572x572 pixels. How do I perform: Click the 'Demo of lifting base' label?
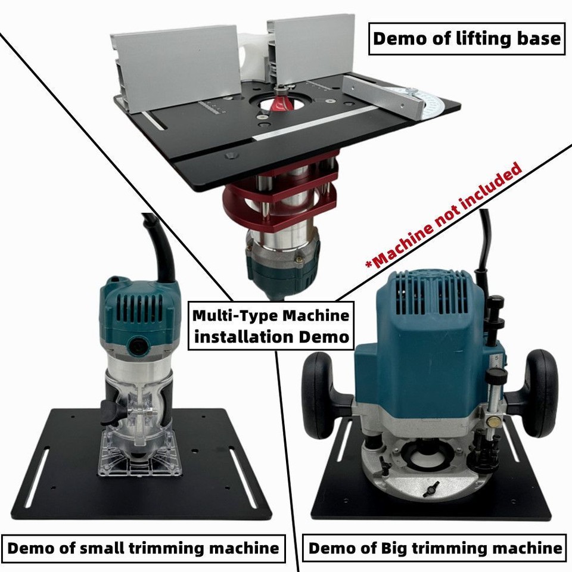[x=467, y=39]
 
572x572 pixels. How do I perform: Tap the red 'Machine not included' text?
[x=443, y=215]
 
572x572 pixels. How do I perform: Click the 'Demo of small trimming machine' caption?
[x=143, y=547]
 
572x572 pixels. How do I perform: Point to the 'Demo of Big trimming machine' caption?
[x=434, y=547]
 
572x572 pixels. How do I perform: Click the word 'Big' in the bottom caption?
[x=405, y=547]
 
